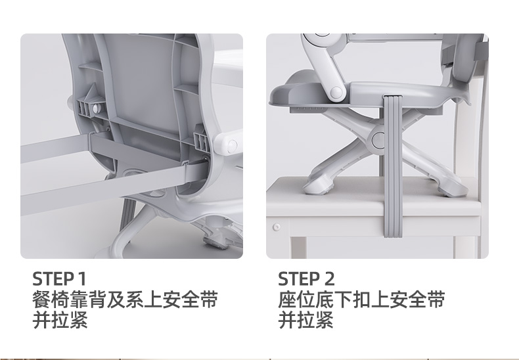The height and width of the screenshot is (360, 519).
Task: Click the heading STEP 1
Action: pos(59,279)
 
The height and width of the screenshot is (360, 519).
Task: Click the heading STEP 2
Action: pos(306,279)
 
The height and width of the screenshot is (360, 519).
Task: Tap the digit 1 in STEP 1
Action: pos(82,279)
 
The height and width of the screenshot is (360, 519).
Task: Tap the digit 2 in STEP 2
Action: pos(329,279)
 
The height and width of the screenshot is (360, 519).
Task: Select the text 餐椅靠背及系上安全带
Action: pos(125,300)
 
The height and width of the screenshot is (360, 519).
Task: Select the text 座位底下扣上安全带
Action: pos(361,300)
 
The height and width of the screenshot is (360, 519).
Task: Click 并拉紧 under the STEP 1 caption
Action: pos(60,320)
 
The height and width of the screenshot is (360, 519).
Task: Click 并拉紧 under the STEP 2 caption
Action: pos(305,320)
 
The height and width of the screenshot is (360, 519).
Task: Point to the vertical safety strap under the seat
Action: pos(393,166)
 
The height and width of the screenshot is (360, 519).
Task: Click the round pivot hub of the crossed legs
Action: pos(378,140)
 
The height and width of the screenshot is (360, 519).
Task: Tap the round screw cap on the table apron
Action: pos(277,227)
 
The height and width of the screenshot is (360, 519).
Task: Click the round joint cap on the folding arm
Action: pos(336,93)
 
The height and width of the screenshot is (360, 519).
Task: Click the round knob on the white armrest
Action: pos(233,145)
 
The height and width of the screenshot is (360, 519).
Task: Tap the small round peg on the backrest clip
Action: pos(96,108)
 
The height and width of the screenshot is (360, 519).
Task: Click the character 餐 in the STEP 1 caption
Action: pos(41,300)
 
